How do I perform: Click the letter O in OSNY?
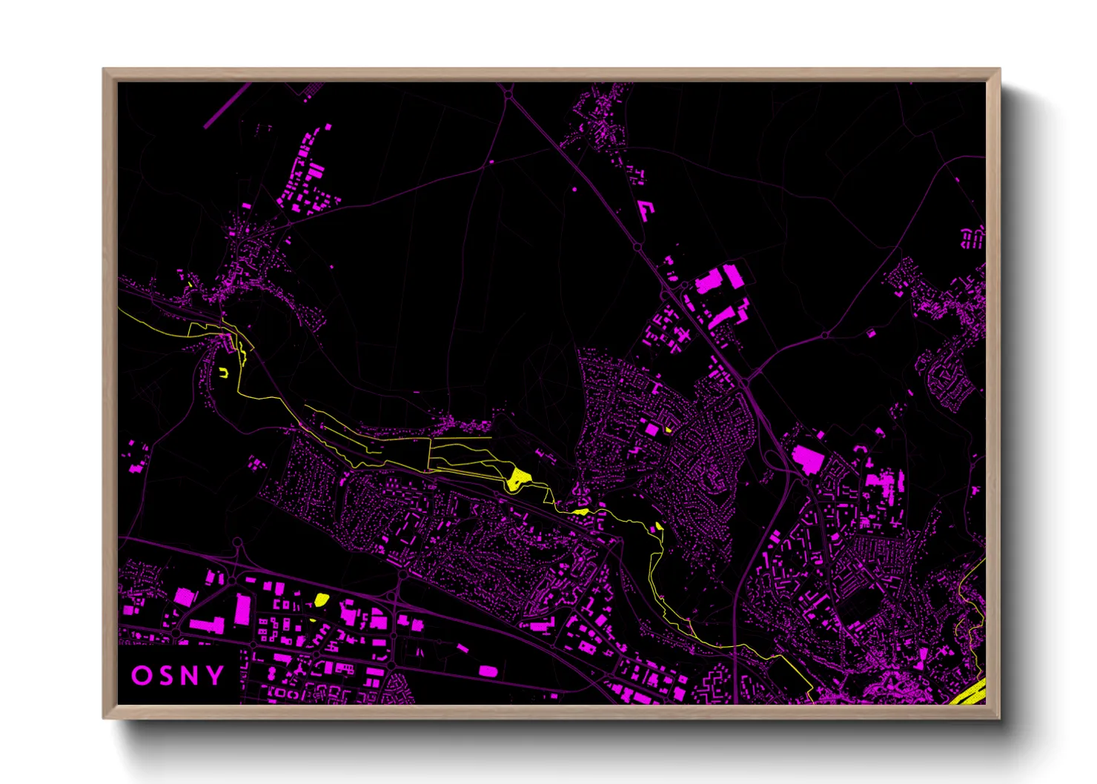[142, 676]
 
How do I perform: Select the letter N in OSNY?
[190, 676]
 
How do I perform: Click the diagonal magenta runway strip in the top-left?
[228, 105]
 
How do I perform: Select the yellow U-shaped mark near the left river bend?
[223, 373]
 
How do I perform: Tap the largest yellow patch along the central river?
[517, 478]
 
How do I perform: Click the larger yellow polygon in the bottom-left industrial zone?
[321, 599]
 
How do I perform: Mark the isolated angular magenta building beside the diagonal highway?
[646, 209]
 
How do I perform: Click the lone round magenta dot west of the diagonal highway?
[574, 190]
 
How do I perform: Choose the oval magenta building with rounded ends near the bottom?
[488, 671]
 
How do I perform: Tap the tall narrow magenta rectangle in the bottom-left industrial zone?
[242, 609]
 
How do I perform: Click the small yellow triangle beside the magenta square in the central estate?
[668, 429]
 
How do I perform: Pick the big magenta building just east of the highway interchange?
[807, 459]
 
